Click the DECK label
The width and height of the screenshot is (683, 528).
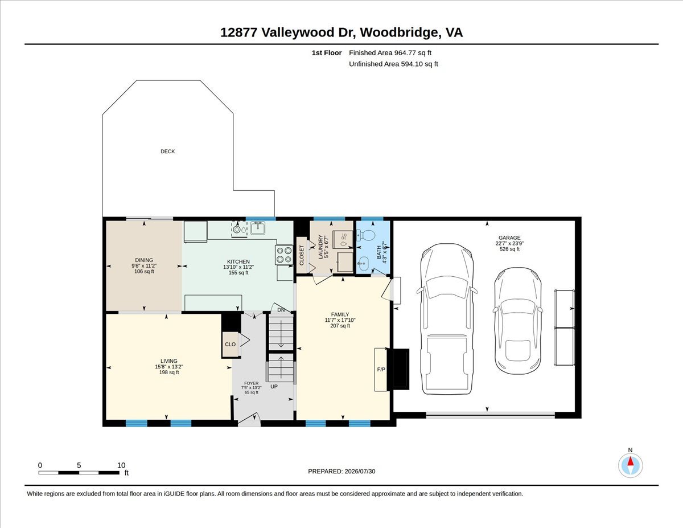[167, 152]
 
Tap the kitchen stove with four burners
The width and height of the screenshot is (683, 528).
[284, 255]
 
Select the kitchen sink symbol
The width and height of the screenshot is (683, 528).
[258, 228]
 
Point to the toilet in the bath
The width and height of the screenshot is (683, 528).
[365, 235]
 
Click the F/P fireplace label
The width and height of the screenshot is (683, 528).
[381, 370]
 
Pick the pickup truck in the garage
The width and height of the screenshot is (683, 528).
[447, 318]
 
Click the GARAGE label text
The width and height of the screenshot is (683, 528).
[509, 238]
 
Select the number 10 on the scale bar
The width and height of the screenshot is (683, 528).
[121, 465]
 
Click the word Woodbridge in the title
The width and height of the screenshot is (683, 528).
[399, 32]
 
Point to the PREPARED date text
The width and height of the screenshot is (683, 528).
[341, 471]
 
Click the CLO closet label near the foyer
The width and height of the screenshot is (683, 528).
[230, 345]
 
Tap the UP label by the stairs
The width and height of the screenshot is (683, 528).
[274, 387]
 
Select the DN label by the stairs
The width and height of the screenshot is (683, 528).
[281, 310]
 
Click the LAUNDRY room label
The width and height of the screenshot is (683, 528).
[320, 247]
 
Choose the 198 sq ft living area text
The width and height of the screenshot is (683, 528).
[169, 373]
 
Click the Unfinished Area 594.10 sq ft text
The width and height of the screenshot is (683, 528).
[393, 64]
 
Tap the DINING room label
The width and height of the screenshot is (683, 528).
[144, 260]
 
